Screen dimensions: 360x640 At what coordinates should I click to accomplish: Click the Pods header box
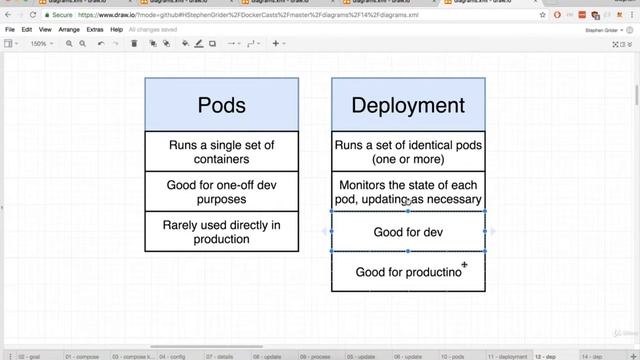click(x=221, y=105)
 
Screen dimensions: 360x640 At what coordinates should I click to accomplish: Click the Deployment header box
click(x=408, y=105)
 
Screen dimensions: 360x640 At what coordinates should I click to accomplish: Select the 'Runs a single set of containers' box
click(x=221, y=152)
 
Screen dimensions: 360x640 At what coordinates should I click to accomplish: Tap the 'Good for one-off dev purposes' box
click(x=221, y=192)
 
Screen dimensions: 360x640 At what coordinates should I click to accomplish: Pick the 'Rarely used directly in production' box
click(x=221, y=232)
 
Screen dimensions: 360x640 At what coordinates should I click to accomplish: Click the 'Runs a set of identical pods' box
click(x=408, y=152)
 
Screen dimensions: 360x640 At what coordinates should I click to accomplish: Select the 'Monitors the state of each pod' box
click(x=408, y=192)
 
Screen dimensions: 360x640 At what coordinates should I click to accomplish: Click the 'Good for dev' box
click(x=408, y=232)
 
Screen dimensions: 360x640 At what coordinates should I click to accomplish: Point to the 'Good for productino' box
click(x=408, y=272)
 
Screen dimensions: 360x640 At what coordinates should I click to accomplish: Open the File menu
click(x=10, y=30)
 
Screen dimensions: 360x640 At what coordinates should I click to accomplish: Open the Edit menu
click(x=30, y=30)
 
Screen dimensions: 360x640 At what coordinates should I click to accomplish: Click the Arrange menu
click(x=69, y=30)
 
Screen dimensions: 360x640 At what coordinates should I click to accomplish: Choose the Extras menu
click(x=95, y=30)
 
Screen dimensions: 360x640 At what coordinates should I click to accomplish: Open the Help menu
click(x=117, y=30)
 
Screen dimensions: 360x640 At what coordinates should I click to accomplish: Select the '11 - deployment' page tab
click(x=510, y=355)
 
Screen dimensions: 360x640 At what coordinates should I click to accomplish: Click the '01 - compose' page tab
click(x=82, y=355)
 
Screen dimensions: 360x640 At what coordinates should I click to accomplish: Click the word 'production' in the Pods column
click(x=221, y=240)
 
